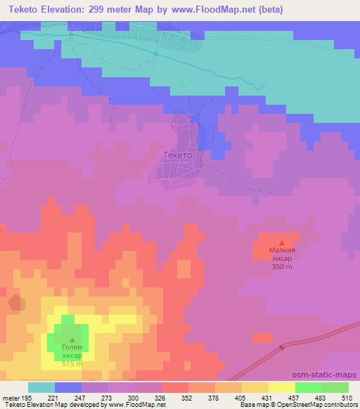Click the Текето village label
[177, 155]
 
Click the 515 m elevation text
[72, 363]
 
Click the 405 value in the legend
[241, 398]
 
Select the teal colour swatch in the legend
[41, 387]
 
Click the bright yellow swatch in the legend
[282, 387]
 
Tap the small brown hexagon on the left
[15, 303]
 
